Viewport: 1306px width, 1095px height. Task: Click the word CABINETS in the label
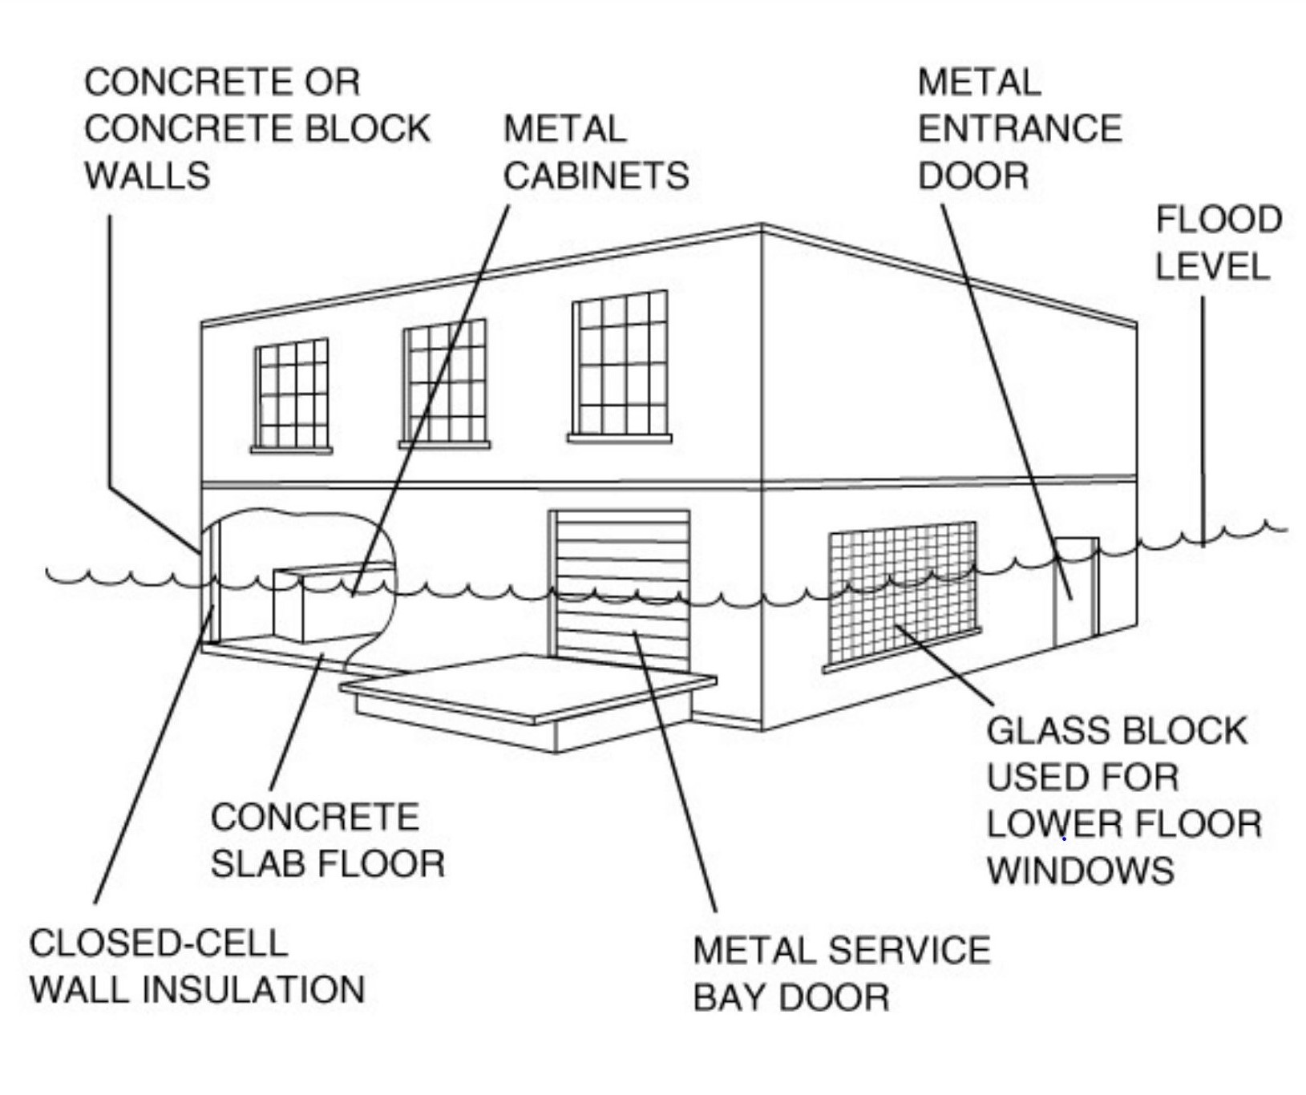[596, 176]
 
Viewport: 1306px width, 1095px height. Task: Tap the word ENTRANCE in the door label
[1019, 129]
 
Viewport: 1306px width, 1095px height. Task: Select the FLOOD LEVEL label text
[1217, 243]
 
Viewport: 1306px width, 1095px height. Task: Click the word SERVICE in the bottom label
[909, 951]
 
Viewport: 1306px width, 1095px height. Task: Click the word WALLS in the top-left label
[148, 176]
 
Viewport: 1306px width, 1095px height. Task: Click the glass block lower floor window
[902, 593]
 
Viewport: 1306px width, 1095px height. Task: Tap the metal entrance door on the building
[1074, 589]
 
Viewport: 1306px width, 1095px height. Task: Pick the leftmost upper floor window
[291, 394]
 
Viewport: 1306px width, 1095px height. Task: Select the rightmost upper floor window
[620, 365]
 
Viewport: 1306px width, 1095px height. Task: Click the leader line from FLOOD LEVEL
[1202, 417]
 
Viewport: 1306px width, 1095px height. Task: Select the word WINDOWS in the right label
[1080, 871]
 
